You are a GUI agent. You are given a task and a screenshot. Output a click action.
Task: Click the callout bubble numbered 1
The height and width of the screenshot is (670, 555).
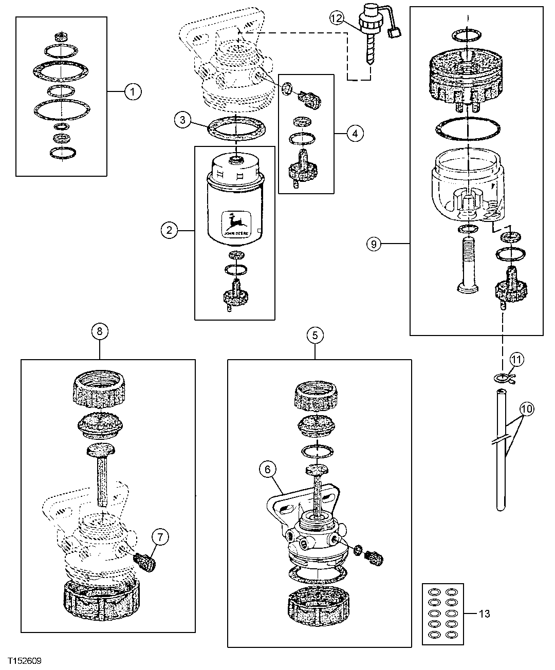pos(132,92)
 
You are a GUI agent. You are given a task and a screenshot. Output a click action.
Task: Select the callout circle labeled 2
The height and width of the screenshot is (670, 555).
pos(169,230)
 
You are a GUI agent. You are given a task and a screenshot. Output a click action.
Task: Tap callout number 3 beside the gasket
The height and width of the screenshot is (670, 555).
pos(182,120)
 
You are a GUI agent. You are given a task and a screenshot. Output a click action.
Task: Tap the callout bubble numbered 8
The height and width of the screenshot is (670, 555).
pos(100,331)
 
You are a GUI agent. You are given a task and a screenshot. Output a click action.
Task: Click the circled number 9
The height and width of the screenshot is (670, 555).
pos(374,244)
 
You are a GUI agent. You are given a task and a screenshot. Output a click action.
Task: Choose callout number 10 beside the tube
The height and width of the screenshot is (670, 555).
pos(526,409)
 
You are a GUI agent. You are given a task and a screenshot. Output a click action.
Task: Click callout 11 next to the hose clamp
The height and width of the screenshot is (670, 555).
pos(516,360)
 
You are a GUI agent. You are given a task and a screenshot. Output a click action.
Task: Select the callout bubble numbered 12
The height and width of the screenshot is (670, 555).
pos(336,18)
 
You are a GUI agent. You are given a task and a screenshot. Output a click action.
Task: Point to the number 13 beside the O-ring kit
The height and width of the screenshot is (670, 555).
pos(484,613)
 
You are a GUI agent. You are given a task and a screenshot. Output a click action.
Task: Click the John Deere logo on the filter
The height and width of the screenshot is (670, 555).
pos(237,225)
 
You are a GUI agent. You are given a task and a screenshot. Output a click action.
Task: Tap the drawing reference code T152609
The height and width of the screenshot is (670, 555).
pos(25,660)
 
